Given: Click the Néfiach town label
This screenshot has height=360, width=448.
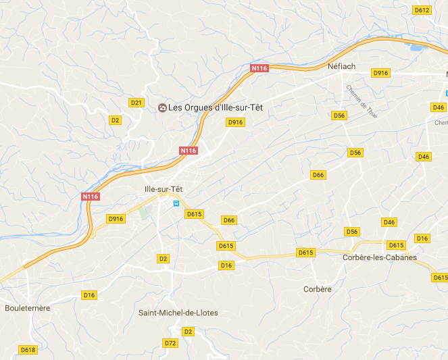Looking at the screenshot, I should [341, 66].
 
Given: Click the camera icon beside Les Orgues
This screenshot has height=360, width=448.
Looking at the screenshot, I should [161, 107].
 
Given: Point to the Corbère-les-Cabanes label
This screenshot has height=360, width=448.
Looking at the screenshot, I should [380, 257].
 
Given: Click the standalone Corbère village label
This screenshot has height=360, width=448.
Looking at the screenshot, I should [318, 289].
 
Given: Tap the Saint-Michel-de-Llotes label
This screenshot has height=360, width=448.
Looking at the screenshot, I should [178, 313].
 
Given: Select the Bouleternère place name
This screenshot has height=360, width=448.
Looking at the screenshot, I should [28, 308].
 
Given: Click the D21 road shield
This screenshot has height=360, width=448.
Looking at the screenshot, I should [136, 103].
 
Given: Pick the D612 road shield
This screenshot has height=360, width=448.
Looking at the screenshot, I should [422, 10].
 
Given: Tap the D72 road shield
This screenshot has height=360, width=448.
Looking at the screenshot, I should [170, 343].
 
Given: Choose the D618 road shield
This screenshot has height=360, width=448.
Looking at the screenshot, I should [28, 350].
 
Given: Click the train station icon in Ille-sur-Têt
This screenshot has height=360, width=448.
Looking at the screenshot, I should [176, 203].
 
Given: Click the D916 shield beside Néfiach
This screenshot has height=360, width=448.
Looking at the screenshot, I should [381, 73].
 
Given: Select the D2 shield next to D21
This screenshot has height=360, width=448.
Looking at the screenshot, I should [115, 120].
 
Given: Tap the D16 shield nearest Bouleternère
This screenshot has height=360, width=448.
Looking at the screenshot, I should [89, 295].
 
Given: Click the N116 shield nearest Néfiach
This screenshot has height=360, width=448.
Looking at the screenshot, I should [259, 68].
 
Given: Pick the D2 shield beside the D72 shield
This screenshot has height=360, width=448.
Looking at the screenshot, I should [188, 332].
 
